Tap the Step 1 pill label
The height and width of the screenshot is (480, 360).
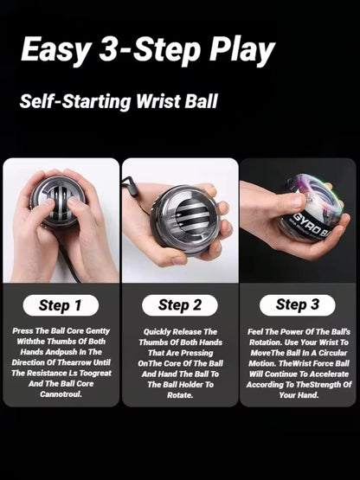point(60,305)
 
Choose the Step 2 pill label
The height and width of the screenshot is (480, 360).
point(179,304)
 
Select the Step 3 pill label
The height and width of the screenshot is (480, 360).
point(297,304)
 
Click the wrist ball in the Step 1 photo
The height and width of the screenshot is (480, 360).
point(58,208)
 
